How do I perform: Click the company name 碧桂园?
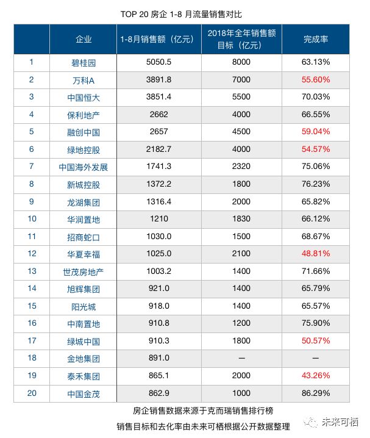click(x=84, y=62)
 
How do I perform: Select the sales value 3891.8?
click(x=157, y=80)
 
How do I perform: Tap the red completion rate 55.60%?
click(x=316, y=80)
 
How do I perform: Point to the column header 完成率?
click(x=316, y=39)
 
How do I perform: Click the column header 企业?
click(x=84, y=39)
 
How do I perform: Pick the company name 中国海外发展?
click(x=84, y=167)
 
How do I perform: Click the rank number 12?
click(x=32, y=253)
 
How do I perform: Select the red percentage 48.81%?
click(x=316, y=254)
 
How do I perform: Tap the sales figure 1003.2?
click(x=157, y=271)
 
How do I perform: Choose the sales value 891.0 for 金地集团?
click(x=157, y=359)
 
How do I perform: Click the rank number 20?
click(x=32, y=393)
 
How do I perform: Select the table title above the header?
click(x=184, y=12)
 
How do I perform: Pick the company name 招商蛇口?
click(x=84, y=237)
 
